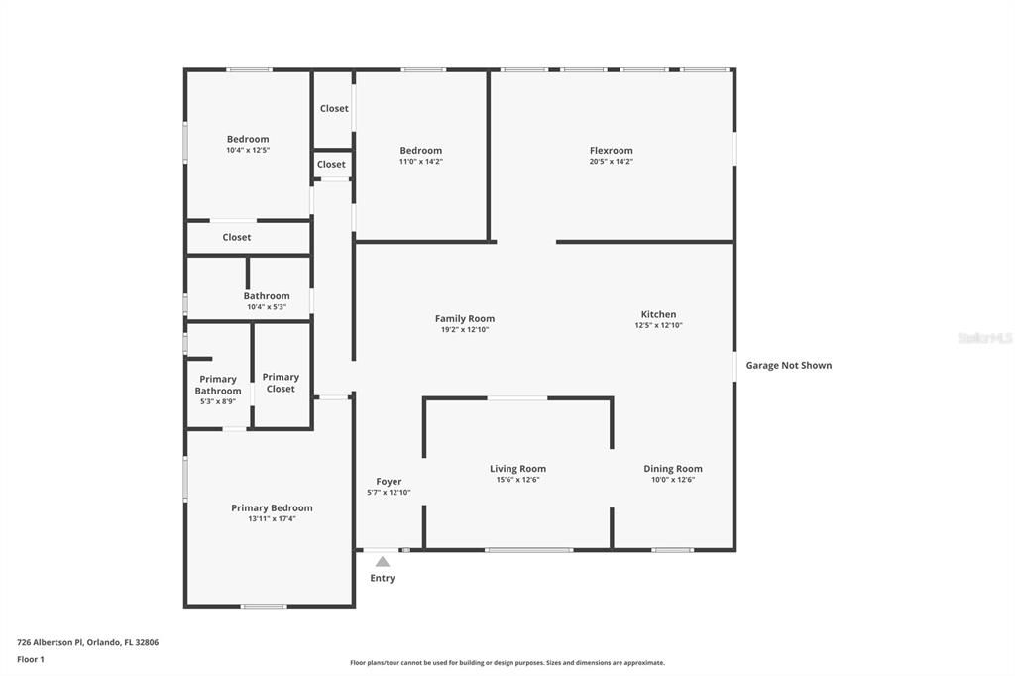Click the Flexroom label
point(611,151)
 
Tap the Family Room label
point(464,319)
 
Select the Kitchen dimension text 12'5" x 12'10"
point(658,326)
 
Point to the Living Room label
point(517,469)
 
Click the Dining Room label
point(673,469)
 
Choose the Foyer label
point(389,482)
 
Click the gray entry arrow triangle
point(383,562)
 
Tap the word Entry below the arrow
point(383,579)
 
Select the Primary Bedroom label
point(272,508)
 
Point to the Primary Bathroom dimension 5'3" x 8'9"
point(218,402)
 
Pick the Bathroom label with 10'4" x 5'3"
point(267,296)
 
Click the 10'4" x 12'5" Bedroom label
point(248,140)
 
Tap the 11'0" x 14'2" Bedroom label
point(420,151)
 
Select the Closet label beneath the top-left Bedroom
point(237,238)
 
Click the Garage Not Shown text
point(789,366)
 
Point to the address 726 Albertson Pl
point(87,642)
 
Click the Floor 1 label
point(31,659)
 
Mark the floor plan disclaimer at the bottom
point(507,663)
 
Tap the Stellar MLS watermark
point(984,338)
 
